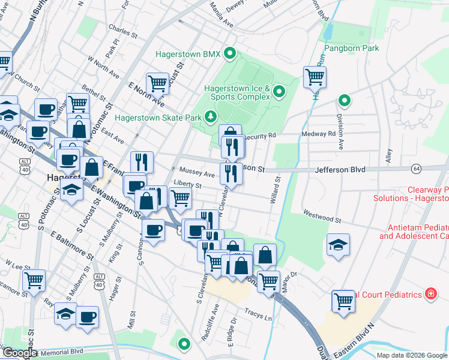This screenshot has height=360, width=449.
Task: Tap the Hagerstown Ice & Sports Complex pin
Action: coord(279,92)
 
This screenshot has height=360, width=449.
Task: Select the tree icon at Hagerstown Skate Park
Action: coord(211,116)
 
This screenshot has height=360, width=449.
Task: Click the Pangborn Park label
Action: coord(351,48)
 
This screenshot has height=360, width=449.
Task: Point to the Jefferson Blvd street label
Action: coord(340,170)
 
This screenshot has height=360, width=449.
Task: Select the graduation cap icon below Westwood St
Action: coord(338,245)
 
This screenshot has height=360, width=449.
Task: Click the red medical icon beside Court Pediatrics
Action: coord(430,293)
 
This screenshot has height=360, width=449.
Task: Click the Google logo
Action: coord(19,352)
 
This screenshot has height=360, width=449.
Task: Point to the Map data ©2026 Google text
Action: coord(412,355)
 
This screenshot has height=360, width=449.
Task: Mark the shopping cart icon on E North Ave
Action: coord(157,83)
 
